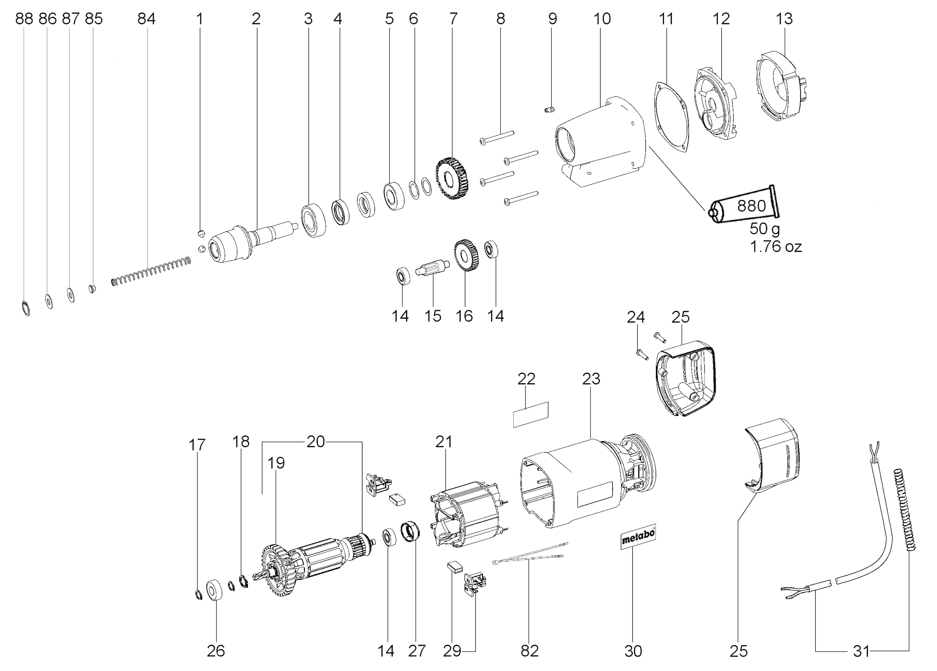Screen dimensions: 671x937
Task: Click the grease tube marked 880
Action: pos(744,205)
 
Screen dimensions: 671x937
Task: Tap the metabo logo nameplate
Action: pos(638,536)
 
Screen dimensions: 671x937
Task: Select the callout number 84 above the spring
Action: pos(146,19)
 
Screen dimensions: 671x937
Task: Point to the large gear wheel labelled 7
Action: pos(452,178)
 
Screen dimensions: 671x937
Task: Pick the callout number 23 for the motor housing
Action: pos(591,379)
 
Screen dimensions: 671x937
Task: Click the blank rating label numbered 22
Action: pos(531,414)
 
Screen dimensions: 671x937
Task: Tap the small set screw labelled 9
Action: pos(549,109)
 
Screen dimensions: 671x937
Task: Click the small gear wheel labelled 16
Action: pos(466,255)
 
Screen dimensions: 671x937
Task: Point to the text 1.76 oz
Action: pos(775,247)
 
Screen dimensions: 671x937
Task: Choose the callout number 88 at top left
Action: pos(24,19)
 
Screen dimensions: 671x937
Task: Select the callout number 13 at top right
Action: pos(784,19)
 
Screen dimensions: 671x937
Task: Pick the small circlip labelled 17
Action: pos(198,595)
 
